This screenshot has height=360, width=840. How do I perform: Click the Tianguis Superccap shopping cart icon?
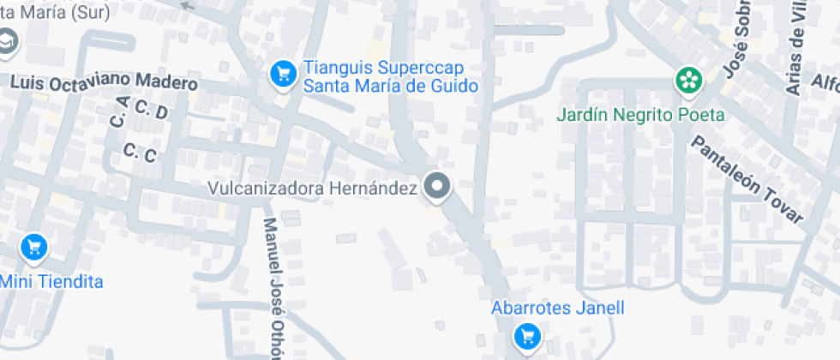pyautogui.click(x=282, y=75)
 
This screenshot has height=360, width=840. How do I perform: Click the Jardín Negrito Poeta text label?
pyautogui.click(x=640, y=114)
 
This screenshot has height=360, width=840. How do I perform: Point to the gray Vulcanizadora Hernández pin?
pyautogui.click(x=438, y=186)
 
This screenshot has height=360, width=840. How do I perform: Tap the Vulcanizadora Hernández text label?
pyautogui.click(x=313, y=187)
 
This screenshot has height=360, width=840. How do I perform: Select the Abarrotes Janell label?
pyautogui.click(x=557, y=308)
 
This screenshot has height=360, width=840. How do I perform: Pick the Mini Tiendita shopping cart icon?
pyautogui.click(x=33, y=248)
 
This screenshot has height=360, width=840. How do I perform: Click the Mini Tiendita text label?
pyautogui.click(x=51, y=281)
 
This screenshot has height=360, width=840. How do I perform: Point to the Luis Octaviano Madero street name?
pyautogui.click(x=105, y=83)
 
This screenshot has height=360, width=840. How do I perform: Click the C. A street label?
pyautogui.click(x=118, y=111)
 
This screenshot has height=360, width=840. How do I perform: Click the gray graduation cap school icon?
pyautogui.click(x=7, y=43)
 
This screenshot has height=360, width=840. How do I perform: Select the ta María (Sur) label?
pyautogui.click(x=50, y=13)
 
